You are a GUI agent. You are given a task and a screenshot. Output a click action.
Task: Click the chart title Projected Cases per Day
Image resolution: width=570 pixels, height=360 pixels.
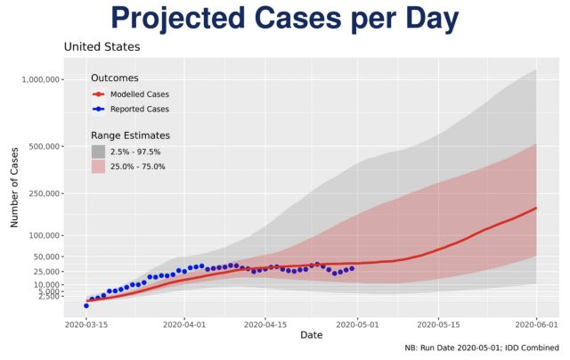[284, 20]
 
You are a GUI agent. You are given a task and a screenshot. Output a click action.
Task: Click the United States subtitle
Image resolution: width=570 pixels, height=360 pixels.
[102, 46]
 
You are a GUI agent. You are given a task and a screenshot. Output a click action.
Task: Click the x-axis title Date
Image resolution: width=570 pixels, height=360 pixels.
[312, 336]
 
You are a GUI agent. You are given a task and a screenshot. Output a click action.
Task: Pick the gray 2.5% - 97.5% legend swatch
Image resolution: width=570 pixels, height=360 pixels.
[98, 151]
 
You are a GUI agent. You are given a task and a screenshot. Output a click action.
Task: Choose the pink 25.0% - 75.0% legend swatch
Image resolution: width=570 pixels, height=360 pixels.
[98, 166]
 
